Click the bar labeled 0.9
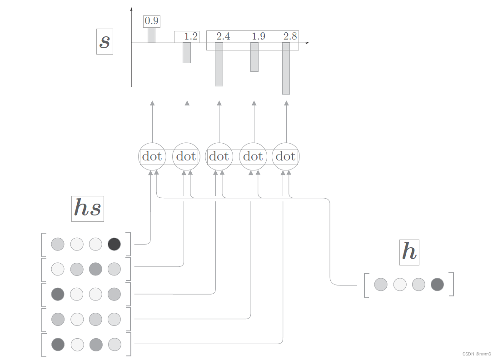pos(151,35)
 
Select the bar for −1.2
pos(187,53)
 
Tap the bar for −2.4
pos(219,64)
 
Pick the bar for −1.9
pos(254,57)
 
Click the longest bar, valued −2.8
pos(286,68)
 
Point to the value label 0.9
pos(152,21)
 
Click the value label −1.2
pos(187,36)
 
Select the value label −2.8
pos(286,36)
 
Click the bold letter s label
pos(105,41)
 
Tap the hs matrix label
pos(88,209)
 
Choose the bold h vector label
pos(409,252)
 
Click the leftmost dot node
pos(152,157)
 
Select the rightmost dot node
pos(286,157)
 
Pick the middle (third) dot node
pos(219,157)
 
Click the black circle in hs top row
pos(114,244)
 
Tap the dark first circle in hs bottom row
pos(58,344)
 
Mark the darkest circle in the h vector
pos(437,285)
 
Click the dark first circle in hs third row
pos(58,294)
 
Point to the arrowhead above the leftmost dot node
pos(152,103)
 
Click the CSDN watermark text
pos(477,354)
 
